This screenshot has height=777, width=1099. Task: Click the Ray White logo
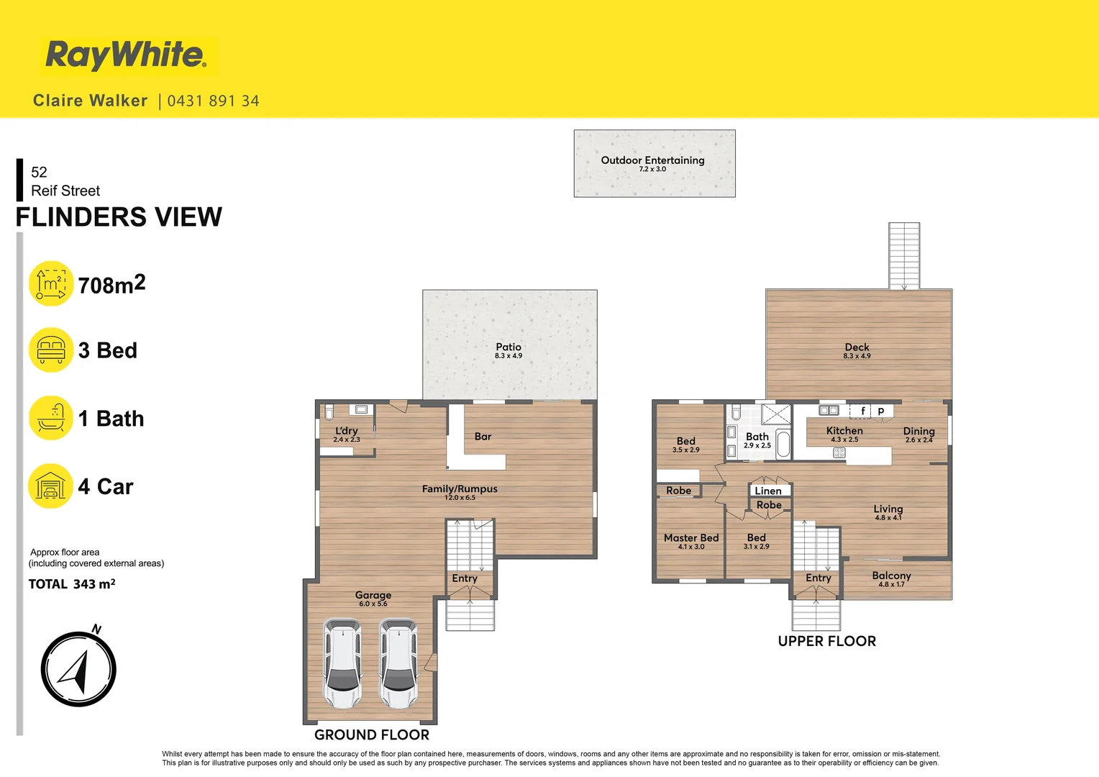pos(127,55)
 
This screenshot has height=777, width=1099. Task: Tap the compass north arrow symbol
pos(78,669)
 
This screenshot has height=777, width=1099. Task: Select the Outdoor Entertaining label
pos(652,160)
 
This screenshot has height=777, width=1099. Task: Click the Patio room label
pos(509,347)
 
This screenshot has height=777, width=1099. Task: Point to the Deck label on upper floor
pos(857,347)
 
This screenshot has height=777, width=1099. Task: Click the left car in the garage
pos(343,663)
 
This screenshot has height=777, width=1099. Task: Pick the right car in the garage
pos(398,663)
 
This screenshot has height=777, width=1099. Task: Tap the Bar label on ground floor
pos(483,437)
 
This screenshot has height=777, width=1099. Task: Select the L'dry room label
pos(346,431)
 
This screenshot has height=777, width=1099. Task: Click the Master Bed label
pos(690,538)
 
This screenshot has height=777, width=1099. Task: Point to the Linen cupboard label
pos(768,491)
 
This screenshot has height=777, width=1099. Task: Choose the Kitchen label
pos(844,431)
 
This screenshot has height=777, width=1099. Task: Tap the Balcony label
pos(891,576)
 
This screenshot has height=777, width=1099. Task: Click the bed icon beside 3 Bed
pos(51,350)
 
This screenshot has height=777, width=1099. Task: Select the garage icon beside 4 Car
pos(50,486)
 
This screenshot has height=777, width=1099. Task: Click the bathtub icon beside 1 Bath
pos(51,418)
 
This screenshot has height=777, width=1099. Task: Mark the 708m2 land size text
pos(111,285)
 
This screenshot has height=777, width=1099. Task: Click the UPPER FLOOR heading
pos(826,641)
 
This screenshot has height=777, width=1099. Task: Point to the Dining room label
pos(918,431)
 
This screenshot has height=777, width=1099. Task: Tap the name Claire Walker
pos(91,101)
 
